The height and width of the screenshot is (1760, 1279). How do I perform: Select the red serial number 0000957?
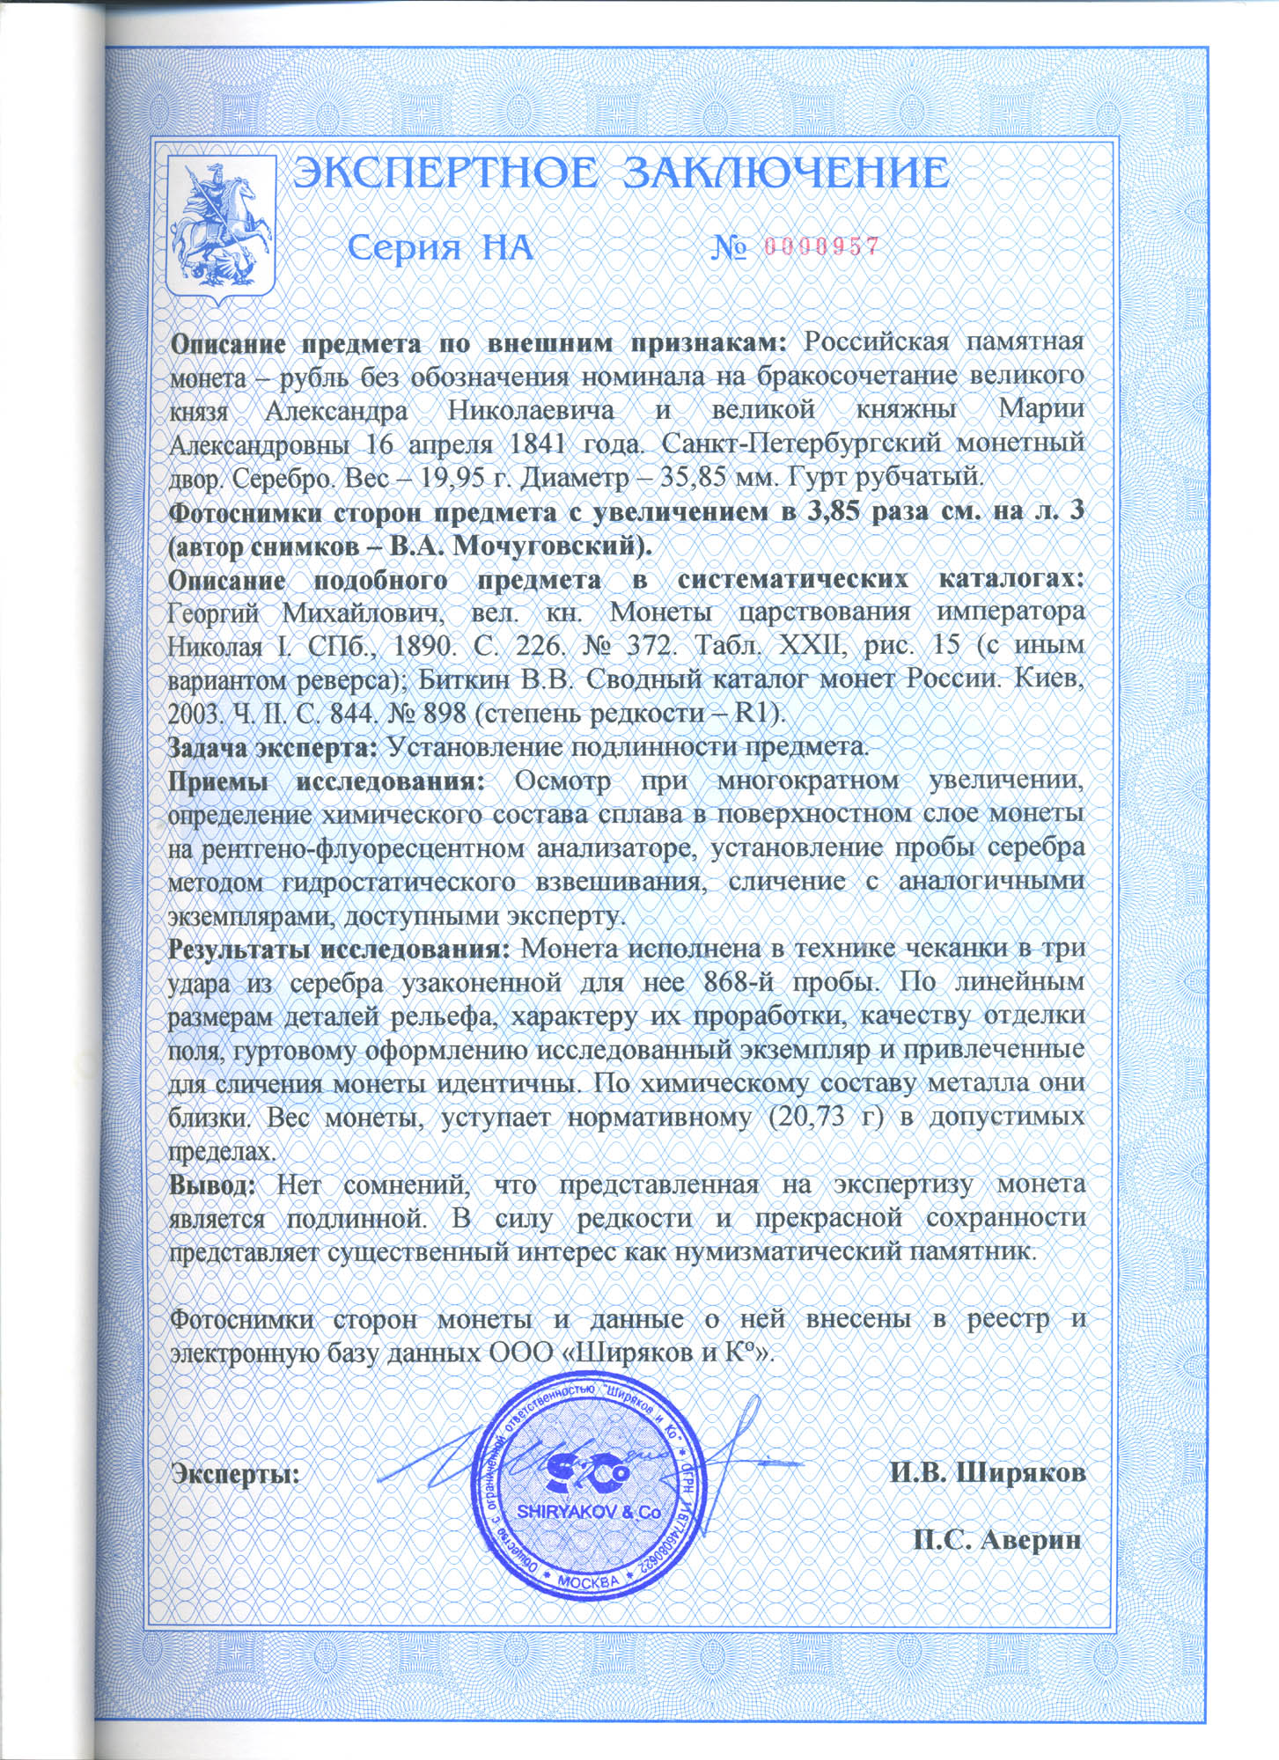(x=822, y=246)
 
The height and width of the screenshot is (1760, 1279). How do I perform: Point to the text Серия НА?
(x=441, y=247)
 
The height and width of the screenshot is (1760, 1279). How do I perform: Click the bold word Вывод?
(x=212, y=1184)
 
